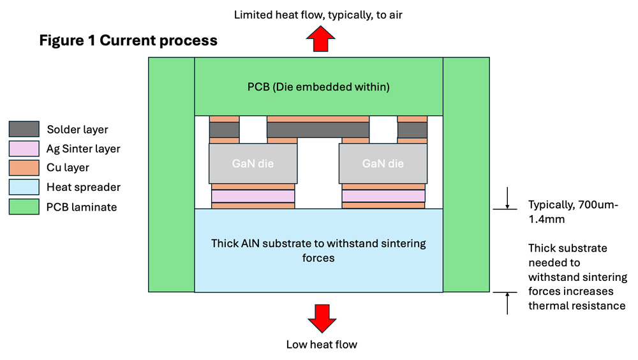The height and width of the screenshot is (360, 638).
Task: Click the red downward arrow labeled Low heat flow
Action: tap(321, 319)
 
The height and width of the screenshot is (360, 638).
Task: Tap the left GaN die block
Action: tap(253, 163)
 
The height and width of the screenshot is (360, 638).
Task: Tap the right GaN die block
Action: tap(383, 163)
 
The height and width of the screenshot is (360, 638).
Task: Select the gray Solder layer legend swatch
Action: tap(24, 130)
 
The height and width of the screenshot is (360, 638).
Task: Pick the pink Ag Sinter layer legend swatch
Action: tap(24, 149)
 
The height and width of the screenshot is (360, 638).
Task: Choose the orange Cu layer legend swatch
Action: tap(24, 168)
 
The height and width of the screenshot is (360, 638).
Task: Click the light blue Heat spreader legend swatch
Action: tap(24, 187)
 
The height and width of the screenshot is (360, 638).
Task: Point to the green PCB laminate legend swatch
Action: tap(24, 206)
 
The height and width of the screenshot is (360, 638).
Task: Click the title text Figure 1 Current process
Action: tap(128, 41)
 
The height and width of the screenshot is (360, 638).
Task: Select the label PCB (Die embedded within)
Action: tap(318, 86)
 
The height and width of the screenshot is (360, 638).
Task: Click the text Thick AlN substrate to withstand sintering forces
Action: tap(318, 251)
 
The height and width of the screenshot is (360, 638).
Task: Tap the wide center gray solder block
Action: tap(318, 130)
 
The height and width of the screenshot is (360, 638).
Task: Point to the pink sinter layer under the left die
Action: tap(253, 196)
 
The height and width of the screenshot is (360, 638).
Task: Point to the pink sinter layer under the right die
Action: tap(383, 196)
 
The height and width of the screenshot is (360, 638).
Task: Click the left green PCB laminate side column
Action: tap(171, 174)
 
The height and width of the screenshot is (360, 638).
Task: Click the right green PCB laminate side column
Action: tap(466, 174)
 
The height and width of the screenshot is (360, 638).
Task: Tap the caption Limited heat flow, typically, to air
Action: tap(318, 15)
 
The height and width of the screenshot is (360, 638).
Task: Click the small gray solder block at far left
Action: tap(224, 130)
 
